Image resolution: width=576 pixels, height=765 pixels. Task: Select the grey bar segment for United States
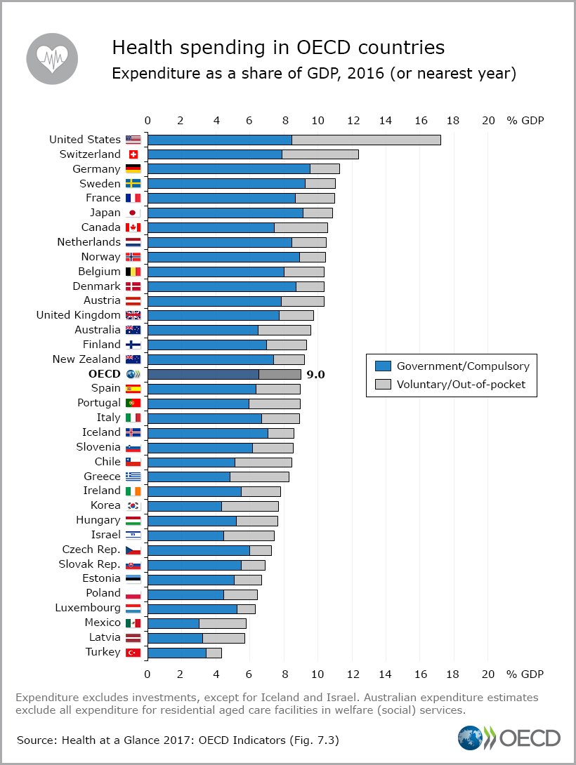(366, 140)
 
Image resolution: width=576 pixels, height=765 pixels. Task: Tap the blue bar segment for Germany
(228, 168)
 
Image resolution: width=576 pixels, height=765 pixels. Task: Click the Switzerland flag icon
(133, 154)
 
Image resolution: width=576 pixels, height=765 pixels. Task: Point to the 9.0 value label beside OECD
(315, 374)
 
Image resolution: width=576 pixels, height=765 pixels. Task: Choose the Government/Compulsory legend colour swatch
(383, 366)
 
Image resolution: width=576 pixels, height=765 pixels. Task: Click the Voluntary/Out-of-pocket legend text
(461, 384)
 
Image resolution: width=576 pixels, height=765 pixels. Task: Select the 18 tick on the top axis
(454, 120)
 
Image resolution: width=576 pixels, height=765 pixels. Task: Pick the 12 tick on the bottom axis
(351, 674)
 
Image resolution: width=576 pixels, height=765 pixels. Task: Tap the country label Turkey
(103, 652)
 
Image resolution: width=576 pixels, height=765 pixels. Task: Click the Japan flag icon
(133, 213)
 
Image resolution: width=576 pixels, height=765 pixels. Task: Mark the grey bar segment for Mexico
(222, 623)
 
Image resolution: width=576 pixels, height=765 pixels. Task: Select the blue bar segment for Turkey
(176, 653)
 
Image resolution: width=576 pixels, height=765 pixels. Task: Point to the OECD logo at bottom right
(509, 738)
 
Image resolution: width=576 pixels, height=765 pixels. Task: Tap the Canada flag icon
(133, 227)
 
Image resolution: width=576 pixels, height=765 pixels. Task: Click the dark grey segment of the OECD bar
(280, 374)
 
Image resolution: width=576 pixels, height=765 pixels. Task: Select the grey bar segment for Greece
(259, 477)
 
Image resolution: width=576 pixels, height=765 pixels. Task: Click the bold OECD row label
(105, 373)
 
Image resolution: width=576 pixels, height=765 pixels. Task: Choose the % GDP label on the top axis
(525, 120)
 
